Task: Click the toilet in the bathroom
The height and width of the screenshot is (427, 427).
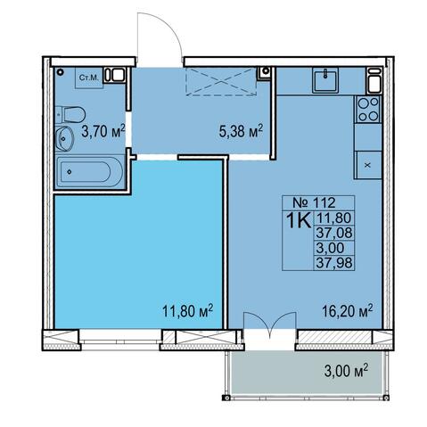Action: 70,114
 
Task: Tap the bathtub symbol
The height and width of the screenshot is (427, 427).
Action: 90,172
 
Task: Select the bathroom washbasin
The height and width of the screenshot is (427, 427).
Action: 64,138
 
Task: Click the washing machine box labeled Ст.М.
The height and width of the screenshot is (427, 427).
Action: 89,78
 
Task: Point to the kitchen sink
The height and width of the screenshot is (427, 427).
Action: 325,80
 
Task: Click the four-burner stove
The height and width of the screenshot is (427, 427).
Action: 368,109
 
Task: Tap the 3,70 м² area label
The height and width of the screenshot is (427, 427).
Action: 103,131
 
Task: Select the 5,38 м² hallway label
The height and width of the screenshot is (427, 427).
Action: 241,131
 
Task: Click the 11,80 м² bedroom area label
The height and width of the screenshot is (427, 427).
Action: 188,311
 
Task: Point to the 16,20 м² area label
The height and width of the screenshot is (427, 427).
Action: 348,311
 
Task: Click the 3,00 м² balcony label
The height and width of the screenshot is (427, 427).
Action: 346,371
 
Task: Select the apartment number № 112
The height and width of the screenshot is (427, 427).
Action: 314,202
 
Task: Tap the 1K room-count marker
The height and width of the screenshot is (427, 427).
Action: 298,220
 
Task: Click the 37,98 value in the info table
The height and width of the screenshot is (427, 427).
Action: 334,263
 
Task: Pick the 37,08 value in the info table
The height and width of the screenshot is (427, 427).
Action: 334,233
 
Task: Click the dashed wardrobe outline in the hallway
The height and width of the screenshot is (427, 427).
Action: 221,81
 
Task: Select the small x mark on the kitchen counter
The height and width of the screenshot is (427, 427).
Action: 367,165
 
